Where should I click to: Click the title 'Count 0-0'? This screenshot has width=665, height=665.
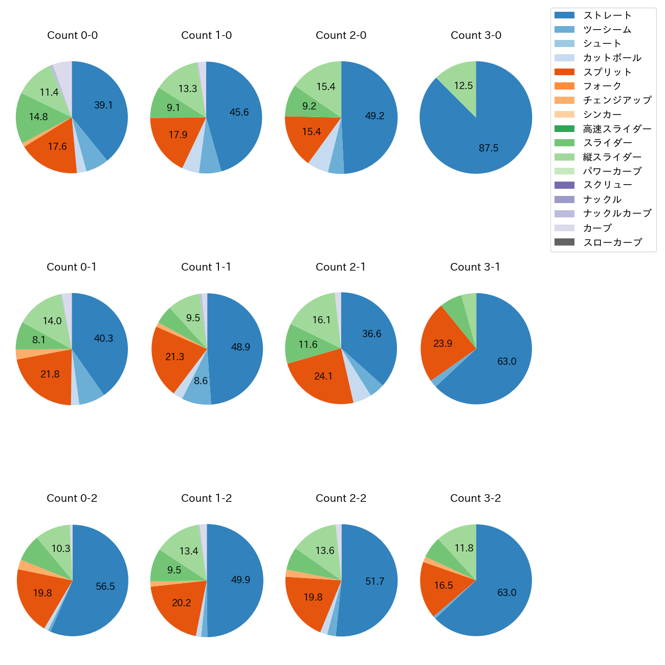(72, 35)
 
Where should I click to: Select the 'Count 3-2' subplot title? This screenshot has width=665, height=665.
(475, 498)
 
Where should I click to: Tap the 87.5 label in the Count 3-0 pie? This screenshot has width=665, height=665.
(489, 148)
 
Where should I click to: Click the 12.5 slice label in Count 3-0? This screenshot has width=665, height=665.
(463, 85)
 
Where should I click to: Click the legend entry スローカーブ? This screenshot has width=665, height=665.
(612, 242)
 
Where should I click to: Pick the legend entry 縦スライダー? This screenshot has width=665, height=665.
(612, 157)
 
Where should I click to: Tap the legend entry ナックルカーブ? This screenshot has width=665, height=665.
(617, 213)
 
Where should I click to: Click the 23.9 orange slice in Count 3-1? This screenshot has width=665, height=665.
(443, 343)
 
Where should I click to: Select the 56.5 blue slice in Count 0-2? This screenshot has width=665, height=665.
(105, 586)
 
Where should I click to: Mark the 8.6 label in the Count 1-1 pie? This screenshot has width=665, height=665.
(201, 381)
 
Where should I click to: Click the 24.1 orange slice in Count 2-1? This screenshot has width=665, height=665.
(323, 376)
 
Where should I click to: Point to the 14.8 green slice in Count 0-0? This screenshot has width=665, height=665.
(38, 117)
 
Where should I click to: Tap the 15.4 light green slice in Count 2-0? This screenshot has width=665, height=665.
(326, 86)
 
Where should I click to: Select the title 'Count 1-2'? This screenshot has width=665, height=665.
(206, 498)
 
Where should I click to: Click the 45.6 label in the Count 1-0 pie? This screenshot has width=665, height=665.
(239, 112)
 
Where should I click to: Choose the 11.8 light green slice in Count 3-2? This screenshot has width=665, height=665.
(464, 548)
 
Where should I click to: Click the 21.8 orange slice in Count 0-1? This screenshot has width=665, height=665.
(50, 374)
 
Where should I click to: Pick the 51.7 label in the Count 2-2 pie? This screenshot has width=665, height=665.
(374, 581)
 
